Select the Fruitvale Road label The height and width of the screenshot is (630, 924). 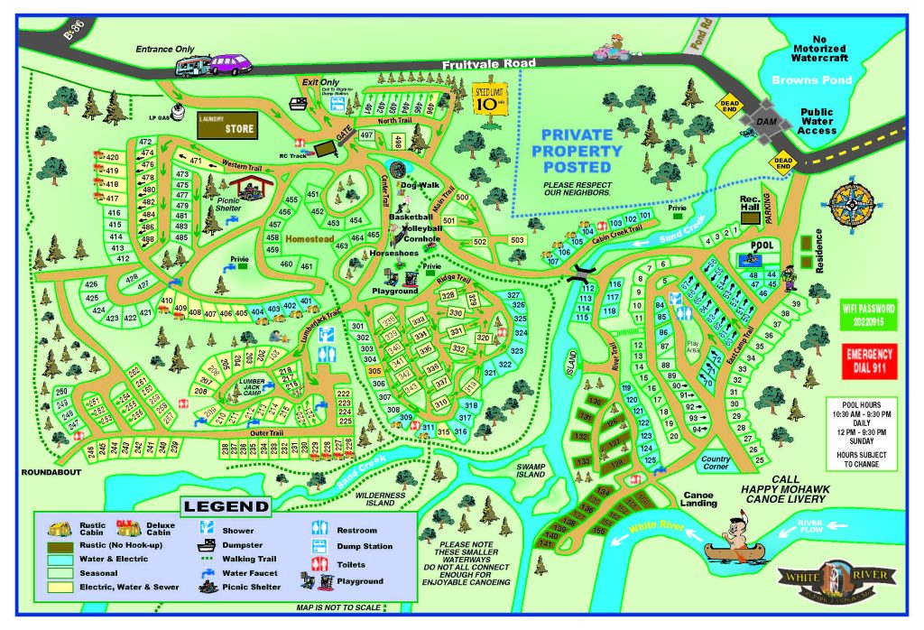490,64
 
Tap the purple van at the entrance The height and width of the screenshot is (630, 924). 230,65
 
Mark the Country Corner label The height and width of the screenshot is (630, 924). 716,463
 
